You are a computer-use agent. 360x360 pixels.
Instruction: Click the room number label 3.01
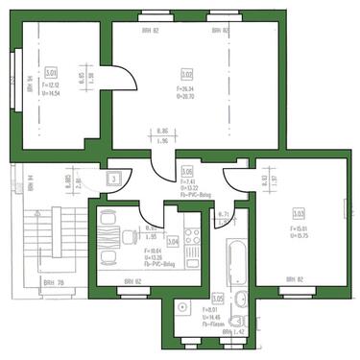tap(50, 72)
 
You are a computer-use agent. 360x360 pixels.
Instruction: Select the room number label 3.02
tap(186, 73)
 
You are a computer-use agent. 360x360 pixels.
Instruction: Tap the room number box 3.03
tap(299, 212)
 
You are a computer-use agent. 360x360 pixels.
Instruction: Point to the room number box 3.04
tap(173, 242)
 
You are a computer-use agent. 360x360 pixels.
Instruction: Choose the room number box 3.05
tap(217, 298)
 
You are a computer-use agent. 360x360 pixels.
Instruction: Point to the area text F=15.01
tap(299, 228)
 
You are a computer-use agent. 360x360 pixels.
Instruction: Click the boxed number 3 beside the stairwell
tap(113, 179)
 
